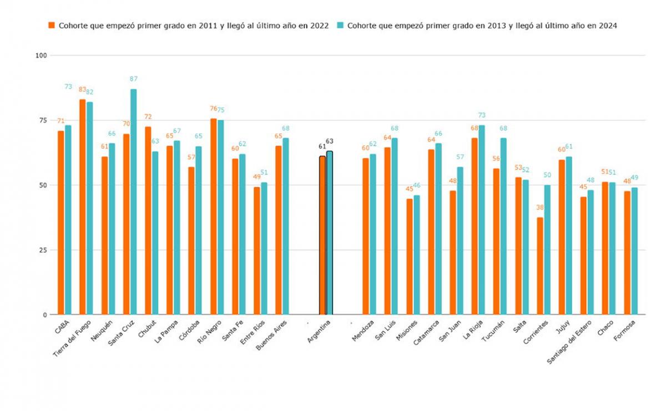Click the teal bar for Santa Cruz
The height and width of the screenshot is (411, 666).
(133, 202)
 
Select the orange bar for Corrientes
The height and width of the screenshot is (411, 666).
(540, 266)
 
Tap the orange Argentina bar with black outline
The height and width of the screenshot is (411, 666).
(322, 236)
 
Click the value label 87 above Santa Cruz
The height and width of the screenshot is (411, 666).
(134, 79)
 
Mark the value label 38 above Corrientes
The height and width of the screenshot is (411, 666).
(539, 207)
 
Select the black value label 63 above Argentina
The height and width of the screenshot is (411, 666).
(330, 141)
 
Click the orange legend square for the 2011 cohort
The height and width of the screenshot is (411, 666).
(52, 26)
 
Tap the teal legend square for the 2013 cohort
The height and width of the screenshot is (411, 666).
(342, 26)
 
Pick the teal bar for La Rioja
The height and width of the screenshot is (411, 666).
(482, 220)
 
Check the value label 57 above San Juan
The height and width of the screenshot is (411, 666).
(461, 157)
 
